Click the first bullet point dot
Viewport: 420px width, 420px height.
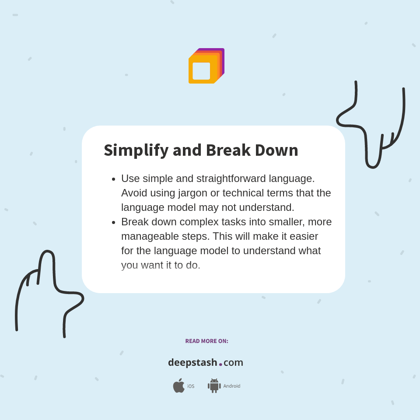click(114, 179)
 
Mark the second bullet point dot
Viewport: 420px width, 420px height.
click(114, 222)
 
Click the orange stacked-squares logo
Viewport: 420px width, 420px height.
click(206, 66)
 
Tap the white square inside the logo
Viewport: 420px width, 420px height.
click(201, 71)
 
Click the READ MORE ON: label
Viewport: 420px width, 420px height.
click(206, 341)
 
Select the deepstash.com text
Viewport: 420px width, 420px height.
click(206, 363)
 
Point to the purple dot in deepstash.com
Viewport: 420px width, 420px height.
click(220, 364)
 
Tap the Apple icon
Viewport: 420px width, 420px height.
click(178, 385)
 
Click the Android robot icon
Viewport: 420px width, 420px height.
click(214, 386)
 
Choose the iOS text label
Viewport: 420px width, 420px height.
click(191, 386)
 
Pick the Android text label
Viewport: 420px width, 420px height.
click(232, 386)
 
